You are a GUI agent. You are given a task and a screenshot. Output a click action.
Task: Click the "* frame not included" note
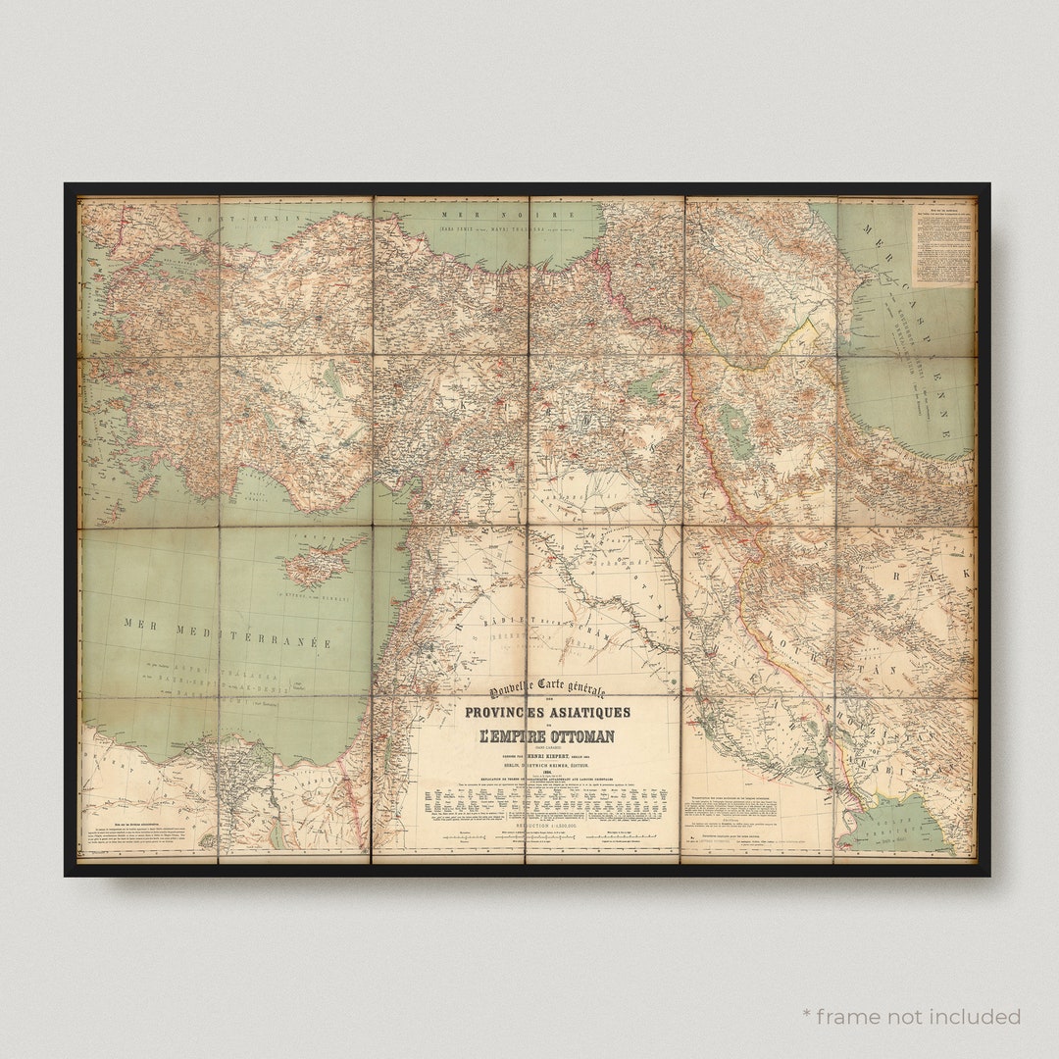click(911, 1016)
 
